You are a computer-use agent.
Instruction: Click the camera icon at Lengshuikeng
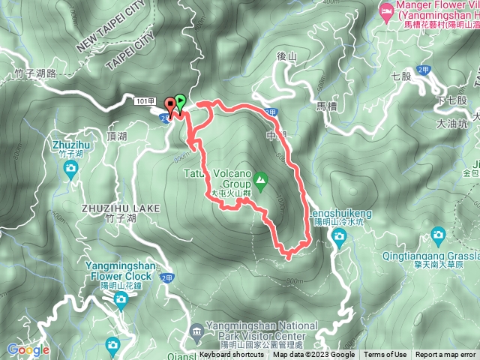tap(339, 237)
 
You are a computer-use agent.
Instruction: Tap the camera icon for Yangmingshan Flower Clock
tap(121, 301)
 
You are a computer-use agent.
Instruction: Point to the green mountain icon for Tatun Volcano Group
tap(259, 179)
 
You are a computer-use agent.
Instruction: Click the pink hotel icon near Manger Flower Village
tap(385, 11)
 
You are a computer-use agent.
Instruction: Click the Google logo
tap(28, 349)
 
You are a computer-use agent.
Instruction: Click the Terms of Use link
tap(385, 355)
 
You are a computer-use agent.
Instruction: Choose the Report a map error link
tap(445, 355)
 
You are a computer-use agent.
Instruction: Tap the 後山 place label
tap(286, 55)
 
